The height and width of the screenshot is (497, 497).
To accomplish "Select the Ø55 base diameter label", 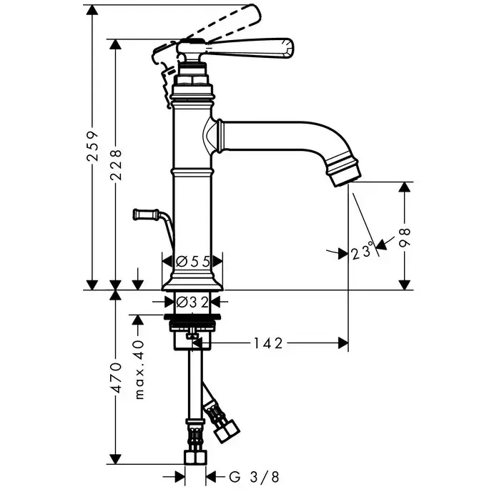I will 193,262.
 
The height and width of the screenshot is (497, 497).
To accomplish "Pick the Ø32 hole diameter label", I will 192,301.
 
